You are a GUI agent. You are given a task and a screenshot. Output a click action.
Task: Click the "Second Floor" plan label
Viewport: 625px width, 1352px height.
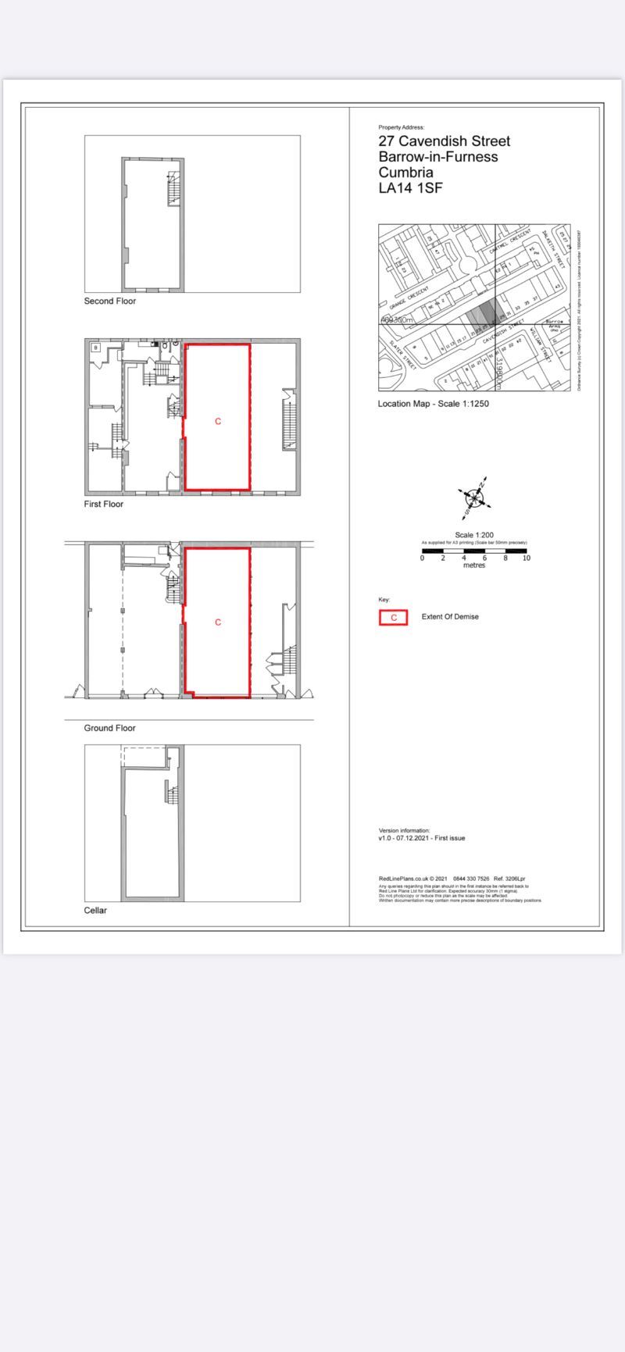tap(109, 301)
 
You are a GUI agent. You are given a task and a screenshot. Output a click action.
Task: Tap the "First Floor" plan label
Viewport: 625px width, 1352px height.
tap(103, 505)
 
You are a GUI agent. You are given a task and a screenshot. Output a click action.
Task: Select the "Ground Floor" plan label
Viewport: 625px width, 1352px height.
tap(109, 728)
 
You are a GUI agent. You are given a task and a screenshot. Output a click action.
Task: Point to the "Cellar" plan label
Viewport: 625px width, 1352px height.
tap(95, 911)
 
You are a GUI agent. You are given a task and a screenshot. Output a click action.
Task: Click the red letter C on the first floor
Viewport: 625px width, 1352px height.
tap(218, 422)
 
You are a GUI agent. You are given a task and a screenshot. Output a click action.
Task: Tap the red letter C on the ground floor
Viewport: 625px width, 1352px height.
tap(218, 622)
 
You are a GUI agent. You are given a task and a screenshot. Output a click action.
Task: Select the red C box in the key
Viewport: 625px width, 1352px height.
tap(393, 618)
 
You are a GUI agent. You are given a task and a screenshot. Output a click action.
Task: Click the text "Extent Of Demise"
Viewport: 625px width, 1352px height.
tap(450, 617)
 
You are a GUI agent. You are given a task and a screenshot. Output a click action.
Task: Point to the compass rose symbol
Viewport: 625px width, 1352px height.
tap(475, 496)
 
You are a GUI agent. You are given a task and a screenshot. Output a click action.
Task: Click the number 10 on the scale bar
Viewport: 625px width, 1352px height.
tap(527, 558)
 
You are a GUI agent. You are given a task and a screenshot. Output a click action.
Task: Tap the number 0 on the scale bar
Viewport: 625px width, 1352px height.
tap(423, 558)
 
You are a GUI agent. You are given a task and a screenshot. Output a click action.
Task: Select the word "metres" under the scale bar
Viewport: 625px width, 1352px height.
tap(474, 565)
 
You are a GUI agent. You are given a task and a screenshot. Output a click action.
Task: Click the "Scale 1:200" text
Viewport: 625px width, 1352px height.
tap(474, 535)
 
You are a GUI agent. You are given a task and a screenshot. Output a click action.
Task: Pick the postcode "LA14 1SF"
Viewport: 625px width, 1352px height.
tap(411, 188)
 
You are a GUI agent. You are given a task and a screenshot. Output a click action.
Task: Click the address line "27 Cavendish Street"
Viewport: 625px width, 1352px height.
tap(444, 141)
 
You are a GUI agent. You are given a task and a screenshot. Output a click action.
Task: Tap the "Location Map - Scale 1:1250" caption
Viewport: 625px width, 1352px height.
tap(433, 404)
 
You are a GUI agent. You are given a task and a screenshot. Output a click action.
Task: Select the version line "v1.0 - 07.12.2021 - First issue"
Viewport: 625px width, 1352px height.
tap(422, 838)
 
